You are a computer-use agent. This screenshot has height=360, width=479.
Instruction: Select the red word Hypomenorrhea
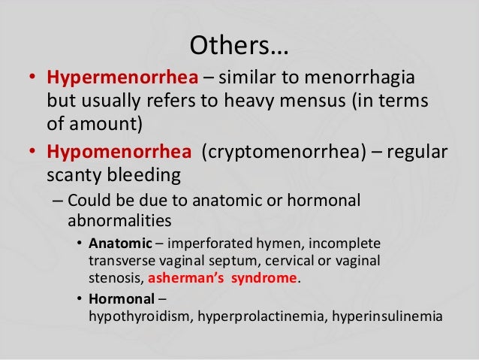[x=119, y=153]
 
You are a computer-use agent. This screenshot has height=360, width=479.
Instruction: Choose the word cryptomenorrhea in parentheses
[x=300, y=153]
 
